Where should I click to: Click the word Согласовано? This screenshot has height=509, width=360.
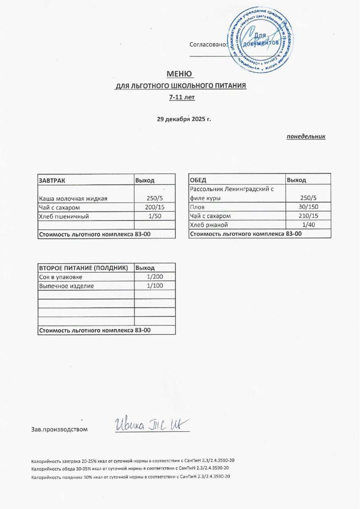coord(209,44)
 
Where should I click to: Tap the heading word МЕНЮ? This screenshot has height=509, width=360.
coord(180,74)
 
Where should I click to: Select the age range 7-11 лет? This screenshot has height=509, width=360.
coord(182,97)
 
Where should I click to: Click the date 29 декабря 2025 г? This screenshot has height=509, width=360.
coord(184,119)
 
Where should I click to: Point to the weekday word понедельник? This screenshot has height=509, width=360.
coord(306,136)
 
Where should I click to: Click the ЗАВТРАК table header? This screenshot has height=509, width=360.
coord(52,180)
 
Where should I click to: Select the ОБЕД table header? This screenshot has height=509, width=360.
coord(198,180)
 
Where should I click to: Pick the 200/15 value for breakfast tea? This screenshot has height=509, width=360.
coord(155,207)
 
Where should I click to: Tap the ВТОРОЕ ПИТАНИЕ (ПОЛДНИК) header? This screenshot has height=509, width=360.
coord(83,268)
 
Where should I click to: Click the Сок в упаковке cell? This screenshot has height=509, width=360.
coord(64,277)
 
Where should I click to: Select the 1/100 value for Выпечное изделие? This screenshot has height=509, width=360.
coord(155,285)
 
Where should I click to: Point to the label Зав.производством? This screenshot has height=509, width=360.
coord(59,429)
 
